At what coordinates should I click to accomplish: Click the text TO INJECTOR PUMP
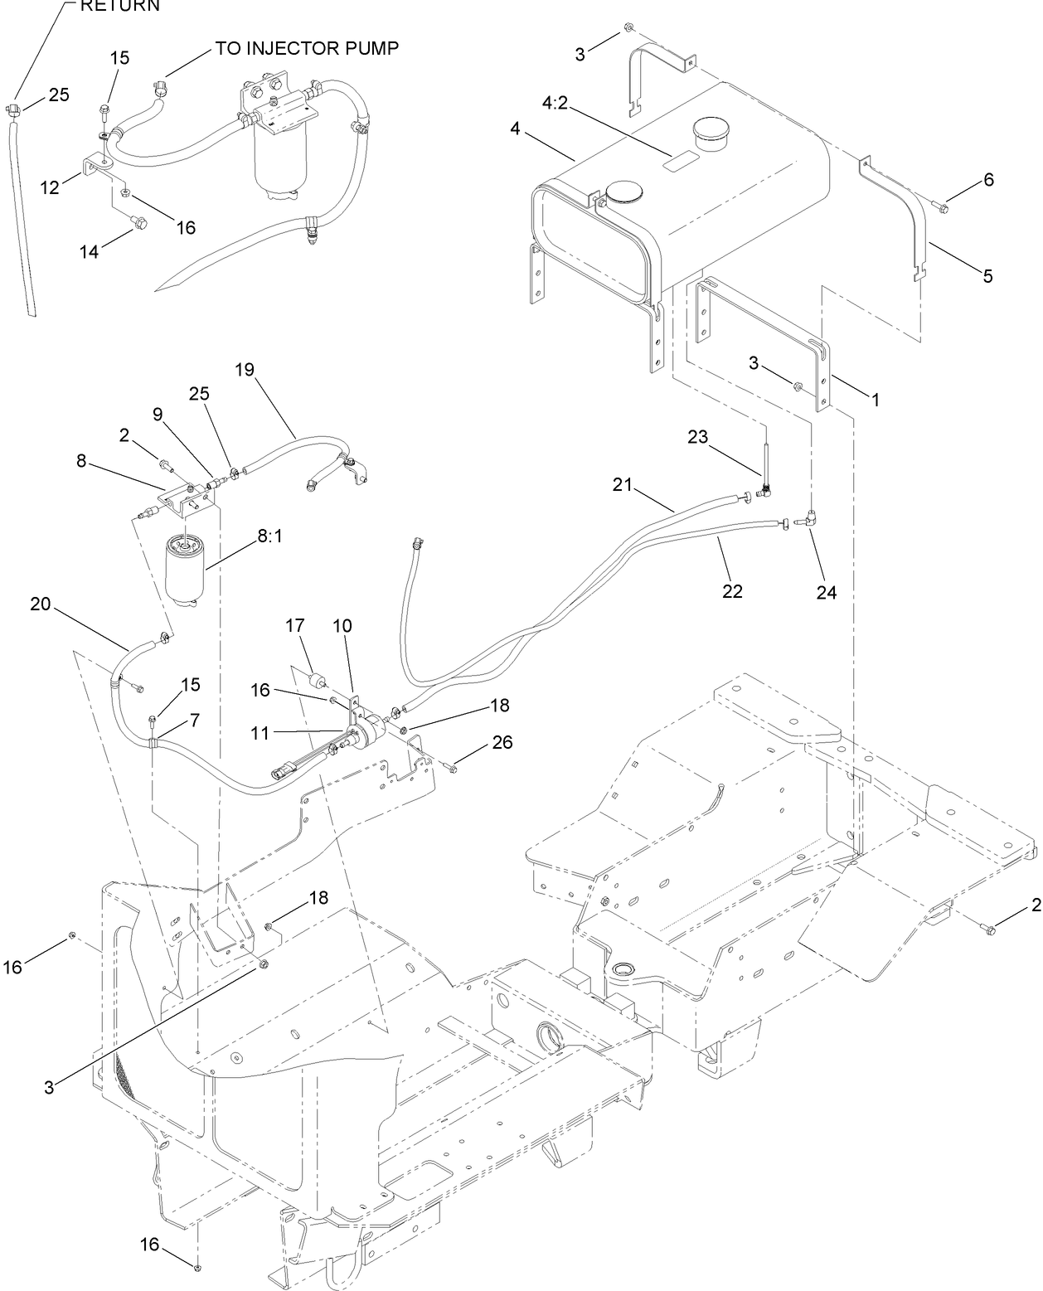click(x=308, y=48)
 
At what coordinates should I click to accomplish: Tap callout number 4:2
click(x=555, y=104)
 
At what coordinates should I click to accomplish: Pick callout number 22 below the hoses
click(x=732, y=591)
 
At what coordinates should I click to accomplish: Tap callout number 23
click(x=698, y=437)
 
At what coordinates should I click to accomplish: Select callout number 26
click(x=502, y=742)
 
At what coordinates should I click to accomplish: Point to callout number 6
click(x=988, y=180)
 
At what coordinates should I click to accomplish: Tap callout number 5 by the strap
click(x=987, y=276)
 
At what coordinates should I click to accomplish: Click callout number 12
click(x=51, y=187)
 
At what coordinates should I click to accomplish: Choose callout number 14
click(x=89, y=250)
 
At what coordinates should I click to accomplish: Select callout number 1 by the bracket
click(x=874, y=399)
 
